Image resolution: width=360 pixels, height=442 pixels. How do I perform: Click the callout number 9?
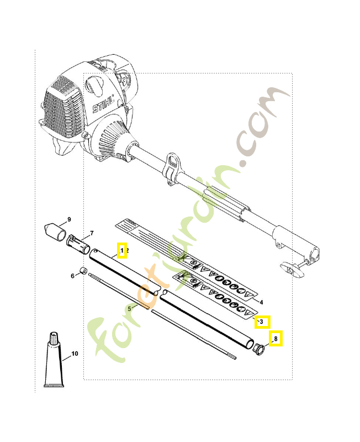[x=70, y=220]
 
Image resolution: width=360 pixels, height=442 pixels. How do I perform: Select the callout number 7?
[x=92, y=233]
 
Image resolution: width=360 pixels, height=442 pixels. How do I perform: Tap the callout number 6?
[x=72, y=276]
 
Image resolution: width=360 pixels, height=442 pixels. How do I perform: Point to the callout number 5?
[x=130, y=308]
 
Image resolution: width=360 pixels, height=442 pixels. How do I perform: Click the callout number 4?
[x=261, y=302]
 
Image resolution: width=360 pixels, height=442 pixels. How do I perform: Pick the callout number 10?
[x=75, y=353]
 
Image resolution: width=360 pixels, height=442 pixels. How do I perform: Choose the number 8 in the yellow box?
[x=276, y=338]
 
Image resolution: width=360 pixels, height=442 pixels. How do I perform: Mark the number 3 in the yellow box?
[x=262, y=321]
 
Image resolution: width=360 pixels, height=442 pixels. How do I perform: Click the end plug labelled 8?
[x=257, y=349]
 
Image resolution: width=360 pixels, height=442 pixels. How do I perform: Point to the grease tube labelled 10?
[x=54, y=365]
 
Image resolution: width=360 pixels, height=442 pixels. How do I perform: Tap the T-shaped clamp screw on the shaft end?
[x=292, y=269]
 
